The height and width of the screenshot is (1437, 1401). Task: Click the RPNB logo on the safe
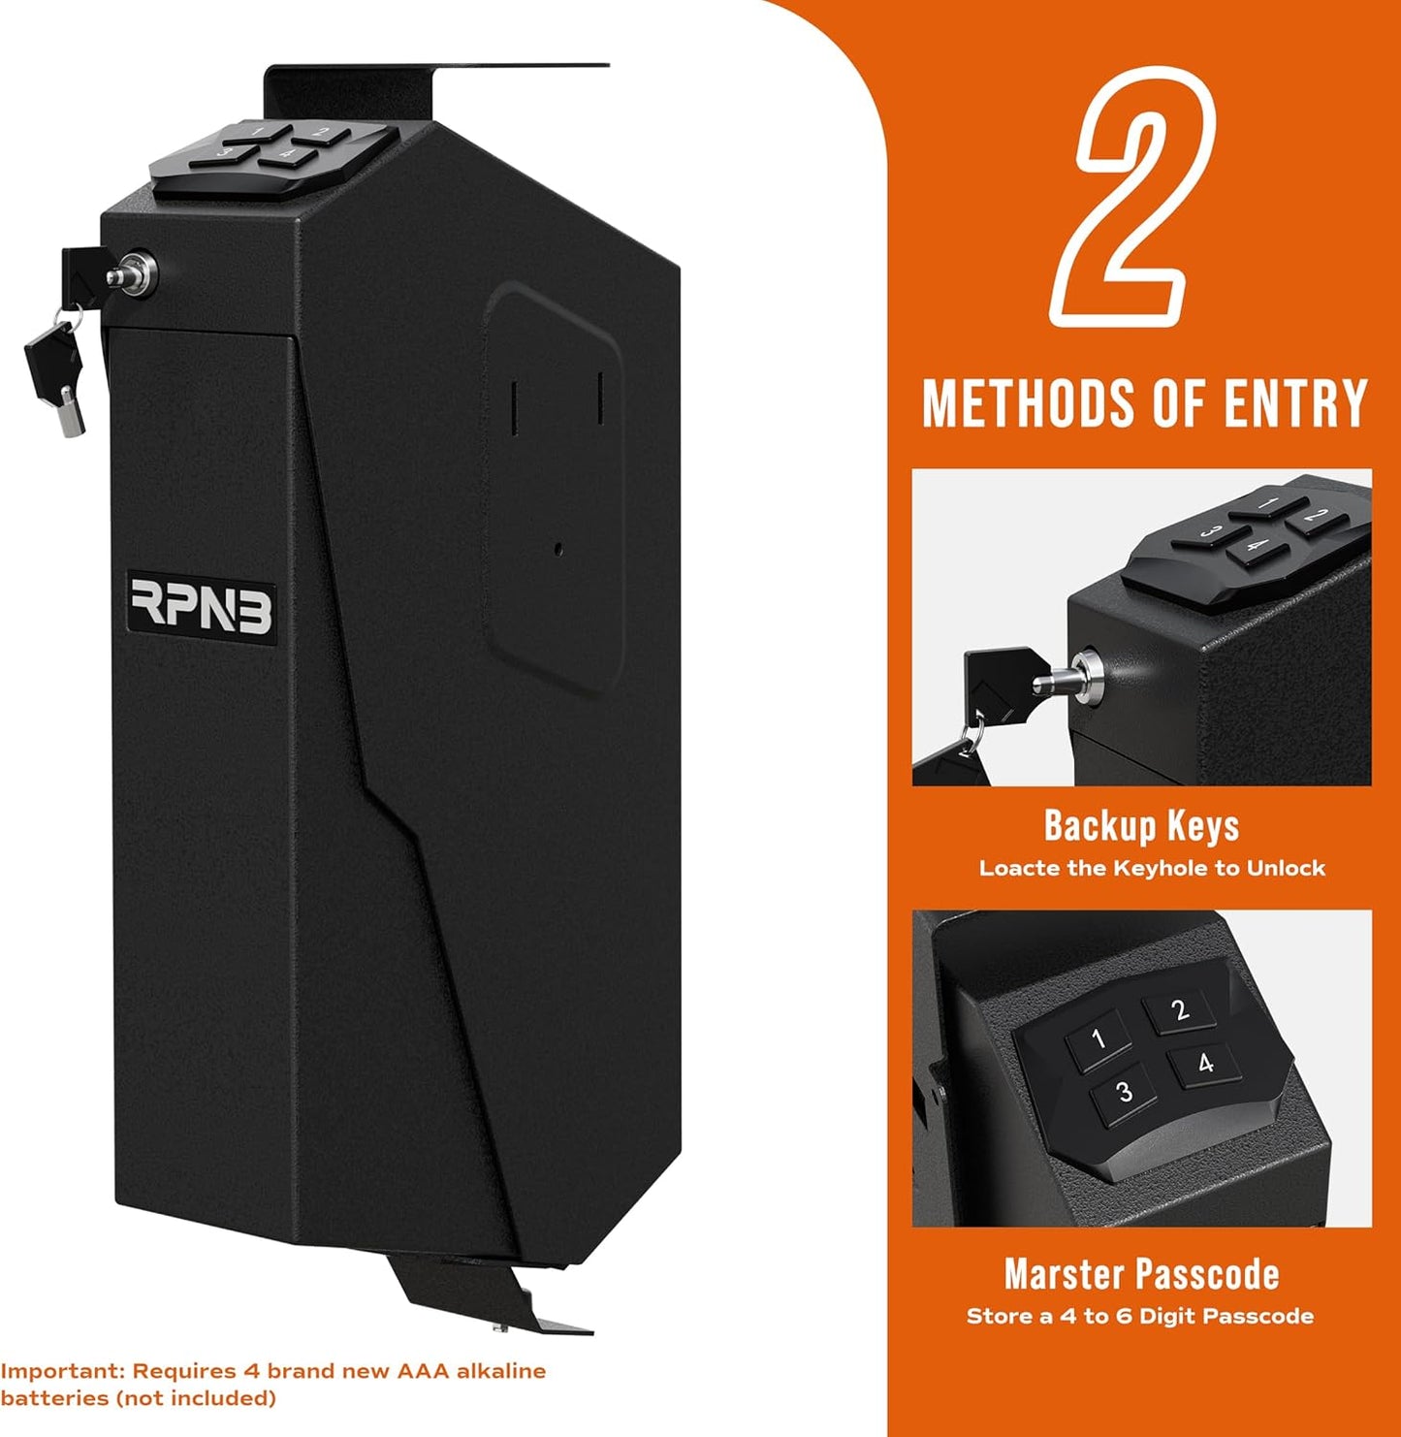click(x=202, y=608)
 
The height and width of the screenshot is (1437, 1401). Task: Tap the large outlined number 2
click(x=1132, y=197)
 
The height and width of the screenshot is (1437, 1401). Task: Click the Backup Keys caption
click(x=1141, y=826)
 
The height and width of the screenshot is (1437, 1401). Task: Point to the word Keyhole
click(x=1165, y=868)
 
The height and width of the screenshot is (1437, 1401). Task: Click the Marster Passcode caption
click(x=1141, y=1274)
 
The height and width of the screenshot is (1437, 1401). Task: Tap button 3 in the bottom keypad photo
click(x=1125, y=1093)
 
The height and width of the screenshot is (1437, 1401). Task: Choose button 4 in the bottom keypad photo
click(x=1205, y=1064)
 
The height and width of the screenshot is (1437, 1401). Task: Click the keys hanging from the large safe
click(x=56, y=364)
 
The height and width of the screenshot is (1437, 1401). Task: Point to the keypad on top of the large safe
click(x=271, y=155)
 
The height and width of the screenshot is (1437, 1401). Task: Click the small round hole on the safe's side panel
click(x=557, y=549)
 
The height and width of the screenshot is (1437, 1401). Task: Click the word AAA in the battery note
click(x=422, y=1371)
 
